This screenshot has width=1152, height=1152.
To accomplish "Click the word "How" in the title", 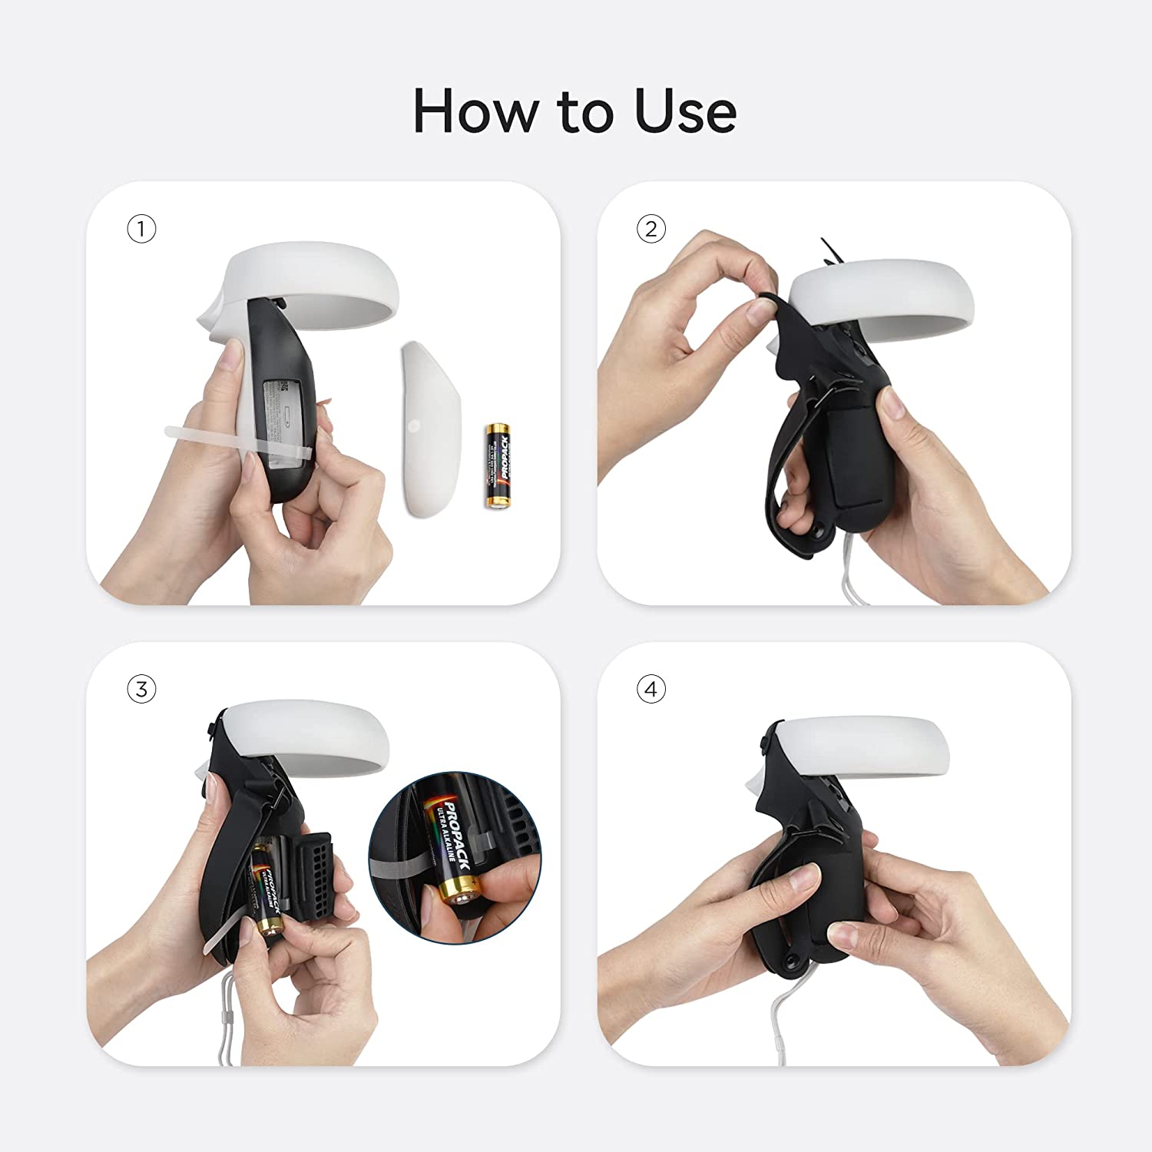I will pyautogui.click(x=474, y=111).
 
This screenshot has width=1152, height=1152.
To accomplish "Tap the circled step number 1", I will pyautogui.click(x=141, y=229).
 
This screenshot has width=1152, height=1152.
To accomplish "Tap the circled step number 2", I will pyautogui.click(x=651, y=229).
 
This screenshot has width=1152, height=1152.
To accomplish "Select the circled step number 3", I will pyautogui.click(x=141, y=689).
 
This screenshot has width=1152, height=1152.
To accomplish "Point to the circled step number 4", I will pyautogui.click(x=651, y=689).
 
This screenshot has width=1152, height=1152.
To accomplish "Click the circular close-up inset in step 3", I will pyautogui.click(x=455, y=856).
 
